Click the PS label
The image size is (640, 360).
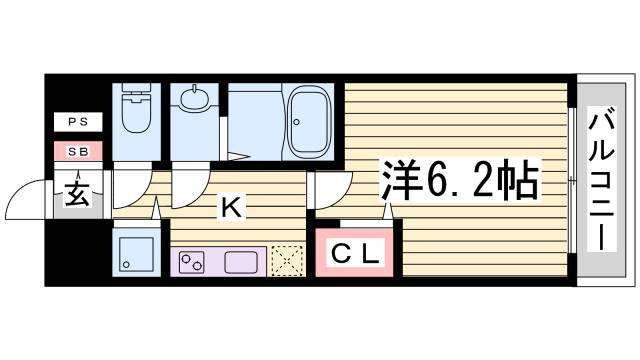[77, 123]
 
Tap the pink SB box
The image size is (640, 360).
[77, 152]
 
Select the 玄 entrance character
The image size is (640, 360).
[77, 193]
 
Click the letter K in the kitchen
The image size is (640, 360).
[229, 208]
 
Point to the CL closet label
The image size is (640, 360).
[356, 255]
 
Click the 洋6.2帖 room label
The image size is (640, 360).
[459, 182]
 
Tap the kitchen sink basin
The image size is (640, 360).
[243, 264]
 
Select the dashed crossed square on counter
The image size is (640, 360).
[286, 262]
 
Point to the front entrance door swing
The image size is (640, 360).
[28, 200]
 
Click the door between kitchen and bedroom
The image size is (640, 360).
[329, 188]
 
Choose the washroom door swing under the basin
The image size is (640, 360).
[189, 186]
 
